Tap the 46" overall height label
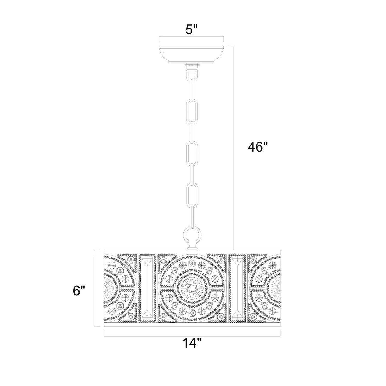pyautogui.click(x=258, y=147)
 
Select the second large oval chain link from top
pyautogui.click(x=191, y=152)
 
